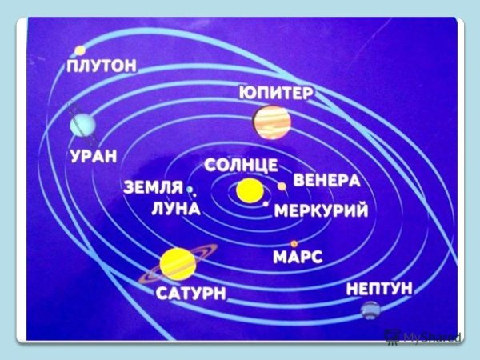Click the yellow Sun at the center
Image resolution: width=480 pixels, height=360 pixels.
(x=249, y=192)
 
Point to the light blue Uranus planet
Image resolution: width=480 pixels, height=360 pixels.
(x=82, y=124)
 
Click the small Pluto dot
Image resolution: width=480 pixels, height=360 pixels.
(x=80, y=50)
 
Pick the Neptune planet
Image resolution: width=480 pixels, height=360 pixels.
(x=370, y=310)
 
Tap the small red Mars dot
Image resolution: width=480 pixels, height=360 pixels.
(x=294, y=243)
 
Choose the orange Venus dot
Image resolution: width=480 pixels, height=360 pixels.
(x=282, y=186)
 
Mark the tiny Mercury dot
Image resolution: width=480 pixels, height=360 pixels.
(x=266, y=204)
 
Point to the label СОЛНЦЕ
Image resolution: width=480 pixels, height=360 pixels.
(x=240, y=166)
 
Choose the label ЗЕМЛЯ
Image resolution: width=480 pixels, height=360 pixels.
(x=154, y=188)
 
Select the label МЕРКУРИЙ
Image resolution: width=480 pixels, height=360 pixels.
(x=321, y=211)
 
